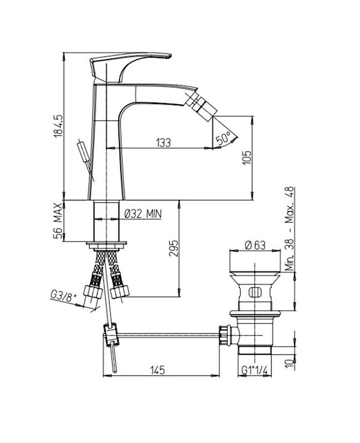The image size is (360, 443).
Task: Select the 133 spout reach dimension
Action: coord(163,143)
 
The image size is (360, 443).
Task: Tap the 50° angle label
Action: coord(222,138)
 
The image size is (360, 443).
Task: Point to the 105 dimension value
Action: coord(246,158)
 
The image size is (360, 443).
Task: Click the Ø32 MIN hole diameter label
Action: coord(143,214)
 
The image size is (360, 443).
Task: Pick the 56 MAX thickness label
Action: coord(58,220)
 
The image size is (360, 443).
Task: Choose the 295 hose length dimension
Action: coord(173,248)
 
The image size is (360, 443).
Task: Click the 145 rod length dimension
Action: coord(157,370)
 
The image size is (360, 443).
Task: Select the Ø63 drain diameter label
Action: coord(255,245)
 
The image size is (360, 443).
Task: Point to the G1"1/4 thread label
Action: coord(255,370)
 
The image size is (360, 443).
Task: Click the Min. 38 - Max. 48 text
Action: coord(290,229)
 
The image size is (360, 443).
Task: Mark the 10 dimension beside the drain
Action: coord(289,363)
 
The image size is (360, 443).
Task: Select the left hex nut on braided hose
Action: coord(93,292)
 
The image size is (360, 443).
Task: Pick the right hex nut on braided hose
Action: coord(120,292)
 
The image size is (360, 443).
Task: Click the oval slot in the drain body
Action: coord(255,292)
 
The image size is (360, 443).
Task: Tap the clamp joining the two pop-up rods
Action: coord(111,334)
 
